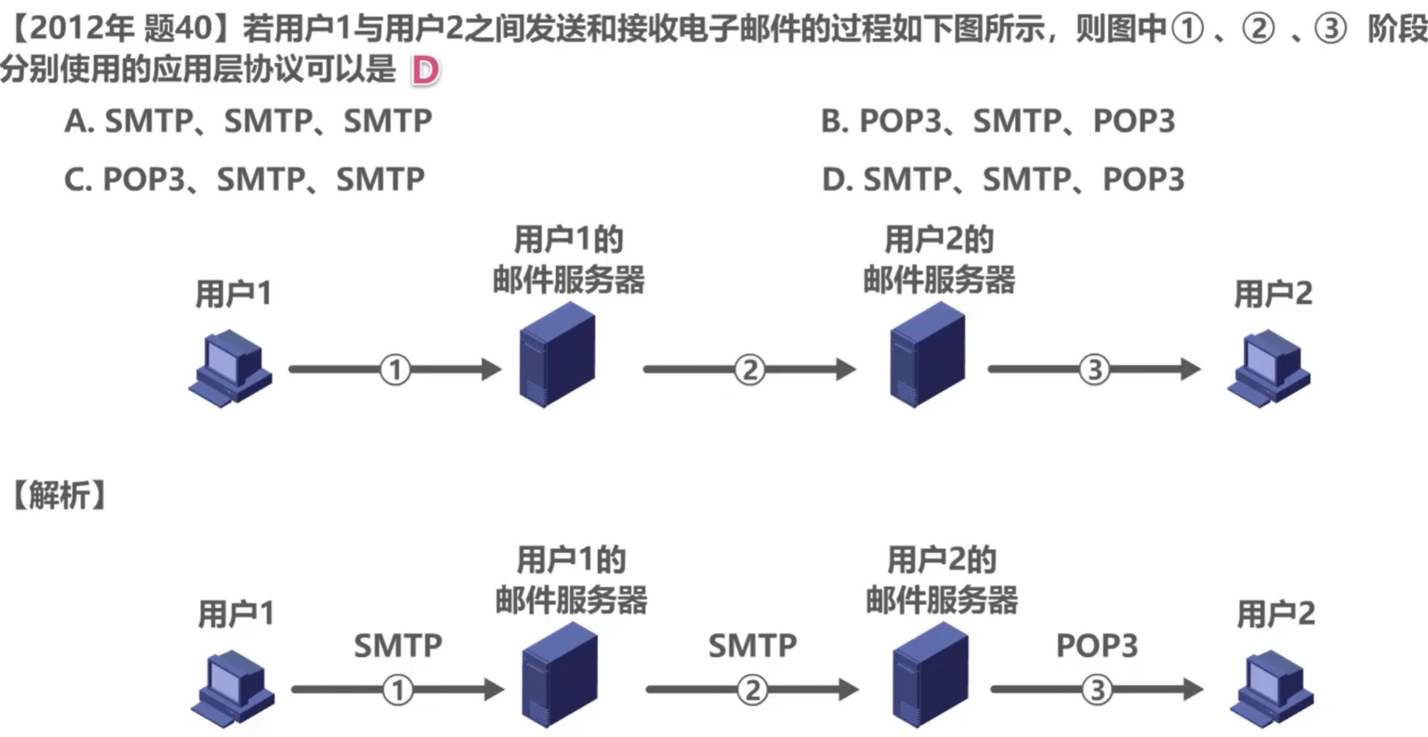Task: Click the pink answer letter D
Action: pyautogui.click(x=425, y=70)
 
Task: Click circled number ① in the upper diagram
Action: pyautogui.click(x=395, y=370)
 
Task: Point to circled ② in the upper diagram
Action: pyautogui.click(x=750, y=370)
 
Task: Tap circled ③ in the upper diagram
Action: pyautogui.click(x=1095, y=370)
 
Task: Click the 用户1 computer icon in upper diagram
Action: pyautogui.click(x=231, y=368)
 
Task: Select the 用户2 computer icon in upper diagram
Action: pyautogui.click(x=1269, y=368)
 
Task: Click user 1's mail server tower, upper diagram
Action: pyautogui.click(x=558, y=355)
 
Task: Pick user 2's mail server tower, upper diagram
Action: pyautogui.click(x=928, y=355)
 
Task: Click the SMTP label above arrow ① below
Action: pyautogui.click(x=398, y=646)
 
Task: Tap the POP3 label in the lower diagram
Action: pyautogui.click(x=1097, y=646)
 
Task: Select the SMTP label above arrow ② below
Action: pyautogui.click(x=752, y=646)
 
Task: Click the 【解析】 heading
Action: pyautogui.click(x=59, y=496)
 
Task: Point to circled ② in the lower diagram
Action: pyautogui.click(x=752, y=690)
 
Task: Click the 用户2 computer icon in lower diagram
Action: pyautogui.click(x=1272, y=689)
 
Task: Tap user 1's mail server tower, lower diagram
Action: pyautogui.click(x=560, y=676)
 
